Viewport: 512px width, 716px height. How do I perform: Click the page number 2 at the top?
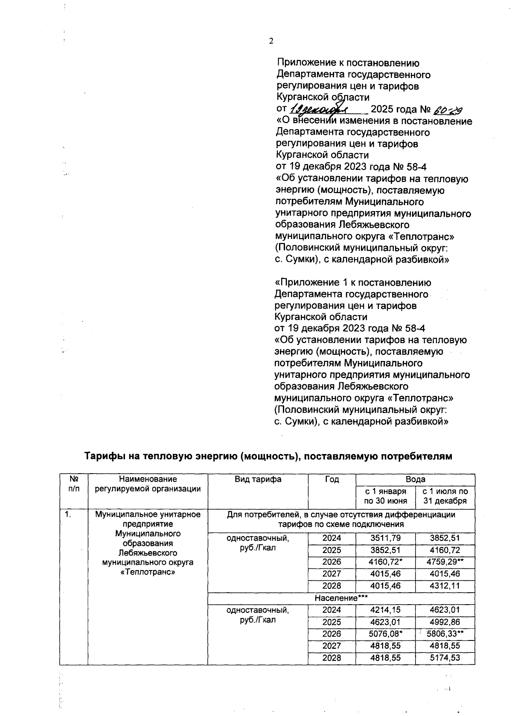click(x=271, y=41)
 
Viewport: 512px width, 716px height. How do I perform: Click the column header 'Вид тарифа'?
click(x=258, y=479)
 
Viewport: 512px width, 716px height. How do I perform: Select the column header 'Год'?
click(x=332, y=479)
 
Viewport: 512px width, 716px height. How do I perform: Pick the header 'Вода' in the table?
click(x=415, y=479)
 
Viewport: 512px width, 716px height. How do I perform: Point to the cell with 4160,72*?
click(x=386, y=562)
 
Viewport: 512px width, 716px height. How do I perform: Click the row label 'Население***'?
click(x=341, y=598)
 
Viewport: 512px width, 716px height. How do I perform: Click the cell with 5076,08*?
click(x=386, y=634)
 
